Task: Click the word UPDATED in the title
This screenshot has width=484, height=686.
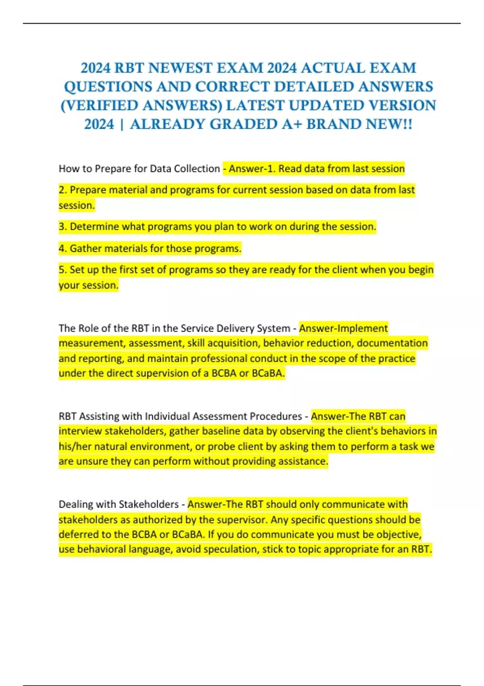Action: (326, 106)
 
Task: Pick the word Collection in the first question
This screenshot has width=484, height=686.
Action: (196, 168)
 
